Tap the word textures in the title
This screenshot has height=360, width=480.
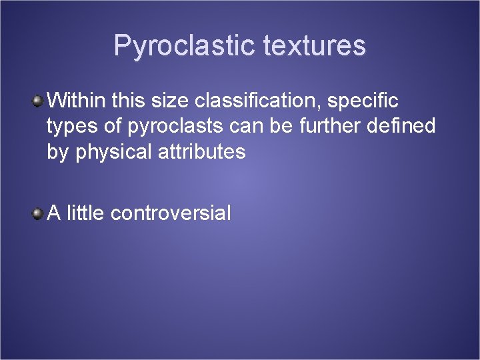(315, 46)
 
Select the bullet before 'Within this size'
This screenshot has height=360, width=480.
(39, 101)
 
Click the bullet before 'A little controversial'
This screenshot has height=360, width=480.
(39, 213)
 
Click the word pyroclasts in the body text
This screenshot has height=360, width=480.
(176, 127)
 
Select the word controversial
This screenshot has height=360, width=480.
(171, 213)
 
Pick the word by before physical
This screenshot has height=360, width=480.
(58, 152)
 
